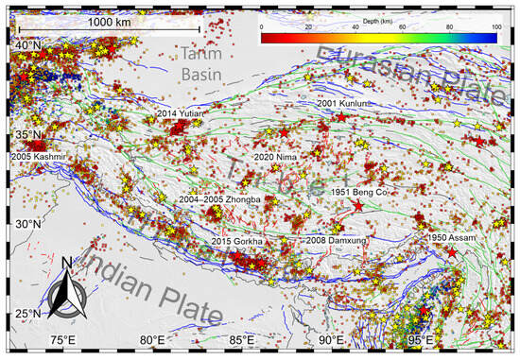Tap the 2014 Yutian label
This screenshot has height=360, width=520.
tap(180, 113)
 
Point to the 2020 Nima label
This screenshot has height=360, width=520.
tap(277, 157)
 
